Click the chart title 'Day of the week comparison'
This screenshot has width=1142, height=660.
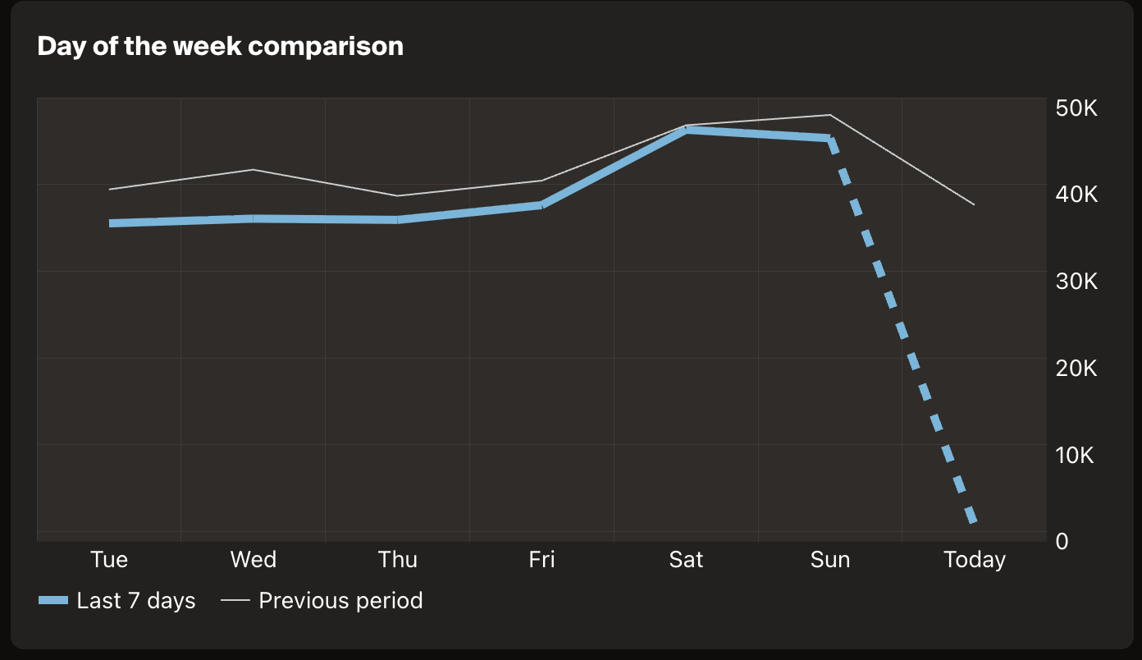click(220, 46)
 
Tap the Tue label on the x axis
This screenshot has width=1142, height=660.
click(109, 560)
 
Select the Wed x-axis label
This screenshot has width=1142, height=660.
click(253, 560)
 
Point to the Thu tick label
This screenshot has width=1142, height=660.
click(397, 560)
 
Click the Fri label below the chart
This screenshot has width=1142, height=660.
click(541, 560)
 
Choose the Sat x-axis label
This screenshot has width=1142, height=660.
click(686, 560)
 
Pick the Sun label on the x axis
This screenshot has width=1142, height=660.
click(830, 560)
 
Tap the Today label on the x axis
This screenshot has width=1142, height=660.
click(974, 560)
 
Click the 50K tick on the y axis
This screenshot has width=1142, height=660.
click(1076, 108)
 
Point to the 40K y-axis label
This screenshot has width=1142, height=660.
click(1076, 195)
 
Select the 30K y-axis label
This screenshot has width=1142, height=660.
click(1076, 282)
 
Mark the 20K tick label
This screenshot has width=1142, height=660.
click(1076, 368)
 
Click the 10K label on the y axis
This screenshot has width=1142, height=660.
click(1076, 455)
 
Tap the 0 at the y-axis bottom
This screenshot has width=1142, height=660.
click(1062, 541)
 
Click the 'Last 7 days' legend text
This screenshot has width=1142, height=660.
click(136, 601)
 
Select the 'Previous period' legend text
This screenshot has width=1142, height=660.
click(340, 601)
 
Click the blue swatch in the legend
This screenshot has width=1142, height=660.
click(53, 601)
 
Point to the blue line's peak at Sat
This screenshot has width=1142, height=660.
click(686, 130)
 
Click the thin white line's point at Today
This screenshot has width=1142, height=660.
click(974, 204)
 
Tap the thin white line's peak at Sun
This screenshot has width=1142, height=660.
click(830, 115)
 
